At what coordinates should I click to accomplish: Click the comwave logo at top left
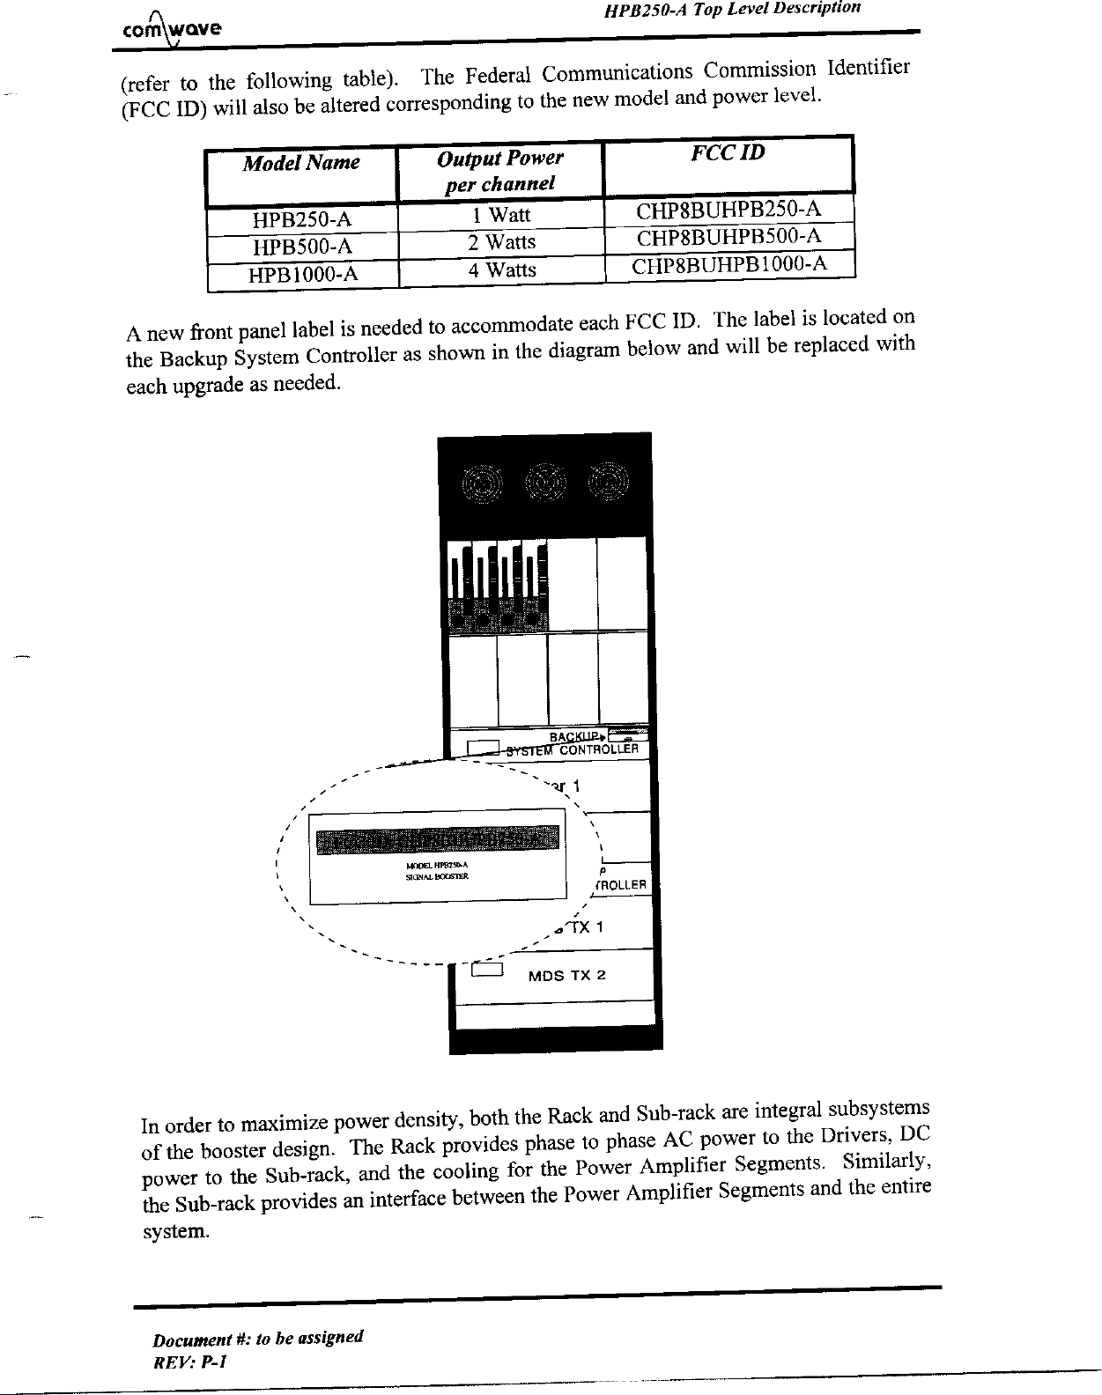(x=172, y=26)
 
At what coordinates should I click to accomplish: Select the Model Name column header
(x=301, y=163)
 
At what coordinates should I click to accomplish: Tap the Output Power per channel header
(x=499, y=171)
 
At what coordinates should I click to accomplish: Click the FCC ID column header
(x=728, y=153)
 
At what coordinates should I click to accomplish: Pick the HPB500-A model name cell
(x=302, y=246)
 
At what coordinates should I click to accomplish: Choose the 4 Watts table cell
(x=501, y=269)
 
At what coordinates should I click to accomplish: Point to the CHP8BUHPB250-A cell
(x=729, y=210)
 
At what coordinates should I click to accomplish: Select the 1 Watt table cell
(x=500, y=215)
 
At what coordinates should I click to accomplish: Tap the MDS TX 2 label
(x=566, y=976)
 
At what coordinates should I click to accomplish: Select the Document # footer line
(x=257, y=1340)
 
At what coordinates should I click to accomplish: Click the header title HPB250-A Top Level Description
(x=731, y=10)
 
